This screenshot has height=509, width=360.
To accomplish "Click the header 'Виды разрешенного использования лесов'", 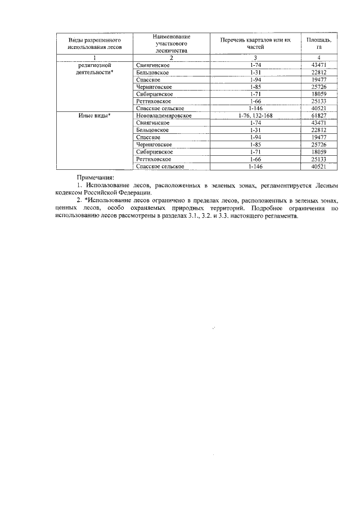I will (95, 44).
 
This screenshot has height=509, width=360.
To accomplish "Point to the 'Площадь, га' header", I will (319, 44).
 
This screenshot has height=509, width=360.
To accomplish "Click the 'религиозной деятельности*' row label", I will (95, 69).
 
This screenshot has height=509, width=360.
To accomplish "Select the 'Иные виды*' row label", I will (95, 115).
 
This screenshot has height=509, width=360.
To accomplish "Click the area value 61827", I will (319, 115).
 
